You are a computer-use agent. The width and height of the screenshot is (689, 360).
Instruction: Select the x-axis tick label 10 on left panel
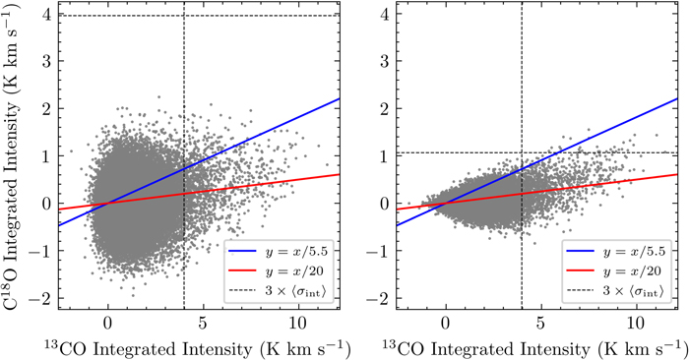coord(296,322)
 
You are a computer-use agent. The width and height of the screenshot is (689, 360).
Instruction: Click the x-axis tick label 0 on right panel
coord(446,322)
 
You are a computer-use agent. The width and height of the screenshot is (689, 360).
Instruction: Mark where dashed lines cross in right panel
coord(521,152)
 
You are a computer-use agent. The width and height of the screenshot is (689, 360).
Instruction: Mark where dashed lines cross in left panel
coord(184,17)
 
